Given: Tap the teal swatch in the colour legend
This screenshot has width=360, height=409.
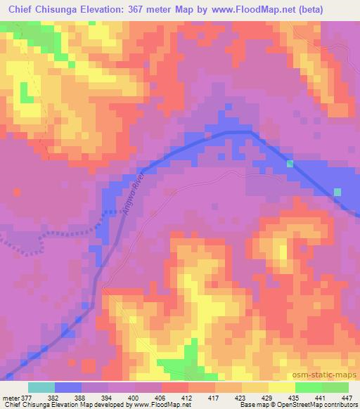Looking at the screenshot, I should pos(41,387).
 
